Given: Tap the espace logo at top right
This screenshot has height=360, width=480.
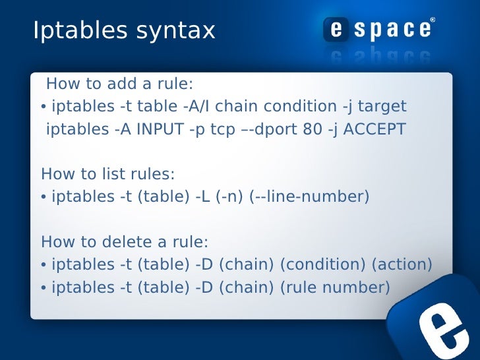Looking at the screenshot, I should coord(378,30).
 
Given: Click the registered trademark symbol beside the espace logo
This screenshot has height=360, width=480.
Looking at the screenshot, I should coord(433,20).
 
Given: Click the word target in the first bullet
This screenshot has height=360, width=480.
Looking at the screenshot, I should coord(382,106).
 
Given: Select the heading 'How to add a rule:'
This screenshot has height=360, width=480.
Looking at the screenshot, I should coord(119,84).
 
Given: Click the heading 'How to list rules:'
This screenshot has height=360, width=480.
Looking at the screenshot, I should coord(107,174).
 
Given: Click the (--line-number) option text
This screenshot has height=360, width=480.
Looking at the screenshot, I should coord(309,196).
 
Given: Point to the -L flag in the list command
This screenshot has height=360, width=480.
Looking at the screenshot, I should coord(202,196).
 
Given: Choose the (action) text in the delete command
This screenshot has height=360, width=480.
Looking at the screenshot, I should coord(402,264).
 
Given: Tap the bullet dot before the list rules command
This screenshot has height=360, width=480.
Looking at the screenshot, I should coord(43,197).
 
